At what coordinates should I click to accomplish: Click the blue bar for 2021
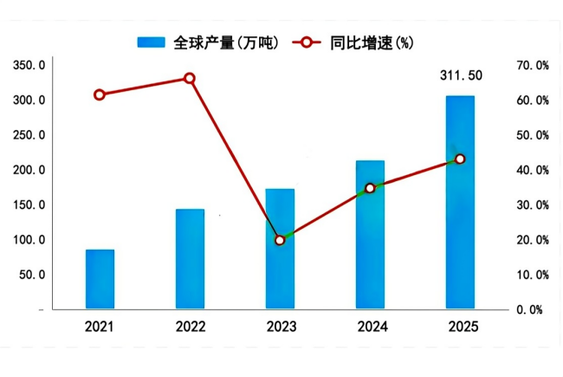tap(100, 279)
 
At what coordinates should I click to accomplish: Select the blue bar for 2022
tap(190, 259)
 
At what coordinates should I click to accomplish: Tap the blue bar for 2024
tap(370, 235)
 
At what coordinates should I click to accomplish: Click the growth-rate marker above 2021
tap(100, 94)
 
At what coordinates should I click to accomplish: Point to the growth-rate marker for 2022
tap(190, 79)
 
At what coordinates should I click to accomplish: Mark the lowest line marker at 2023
tap(280, 240)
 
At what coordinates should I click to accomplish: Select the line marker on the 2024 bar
tap(370, 188)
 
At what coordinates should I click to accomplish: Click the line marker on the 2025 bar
tap(460, 159)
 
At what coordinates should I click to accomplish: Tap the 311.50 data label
tap(461, 76)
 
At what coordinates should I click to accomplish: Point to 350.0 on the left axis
tap(29, 66)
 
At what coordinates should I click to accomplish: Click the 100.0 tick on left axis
tap(29, 240)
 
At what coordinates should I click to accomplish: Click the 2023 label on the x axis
tap(280, 328)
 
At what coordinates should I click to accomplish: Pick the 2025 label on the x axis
tap(460, 328)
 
